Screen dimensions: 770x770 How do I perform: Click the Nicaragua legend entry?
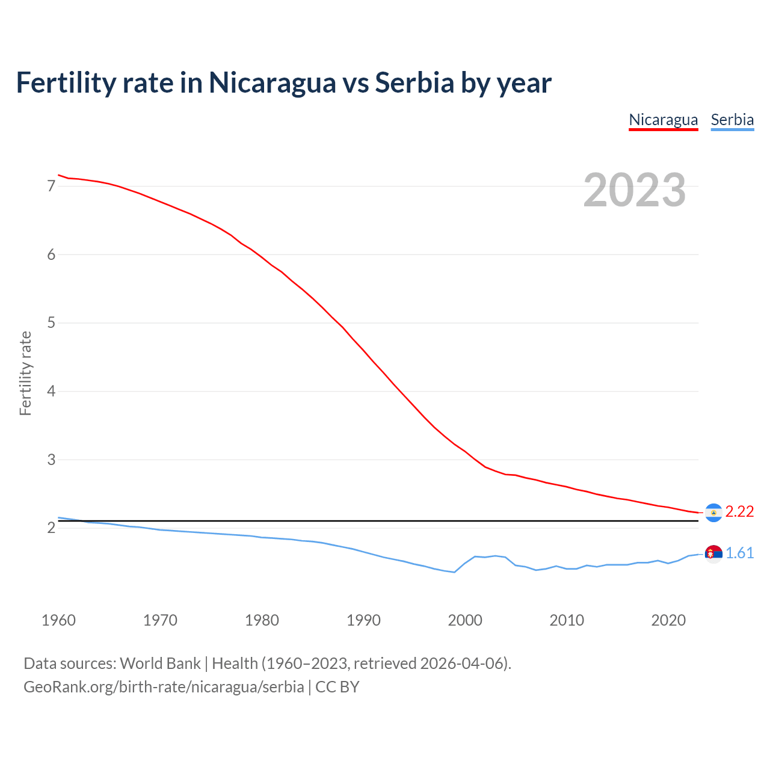coord(663,120)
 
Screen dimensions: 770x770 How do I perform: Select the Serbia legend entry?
coord(732,120)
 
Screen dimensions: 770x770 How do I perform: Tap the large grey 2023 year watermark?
coord(634,190)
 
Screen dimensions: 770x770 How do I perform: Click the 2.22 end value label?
coord(739,511)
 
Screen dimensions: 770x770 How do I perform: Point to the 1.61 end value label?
coord(739,553)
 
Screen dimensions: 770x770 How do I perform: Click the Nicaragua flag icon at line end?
coord(713,513)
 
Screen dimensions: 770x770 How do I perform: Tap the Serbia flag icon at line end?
coord(713,553)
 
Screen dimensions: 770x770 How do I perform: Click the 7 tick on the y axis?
coord(51,186)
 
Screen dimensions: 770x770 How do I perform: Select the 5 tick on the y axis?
coord(51,323)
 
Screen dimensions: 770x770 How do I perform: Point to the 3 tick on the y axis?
coord(51,460)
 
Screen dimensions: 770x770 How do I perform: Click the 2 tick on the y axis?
coord(51,528)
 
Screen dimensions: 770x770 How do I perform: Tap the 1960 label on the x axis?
coord(58,620)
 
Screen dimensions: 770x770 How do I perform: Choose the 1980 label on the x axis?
coord(262,620)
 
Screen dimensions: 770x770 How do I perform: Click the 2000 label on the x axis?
coord(465,620)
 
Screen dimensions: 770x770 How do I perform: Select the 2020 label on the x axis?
coord(668,620)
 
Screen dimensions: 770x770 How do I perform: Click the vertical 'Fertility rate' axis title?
coord(25,373)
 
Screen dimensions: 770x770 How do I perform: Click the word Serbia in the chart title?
coord(414,83)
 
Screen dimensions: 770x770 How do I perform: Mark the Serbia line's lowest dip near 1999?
coord(454,572)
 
